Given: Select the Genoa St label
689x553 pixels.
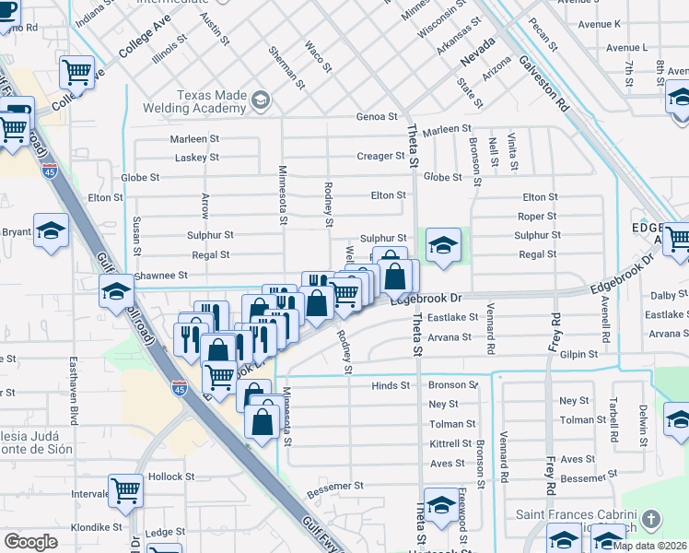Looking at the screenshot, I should pos(377,117).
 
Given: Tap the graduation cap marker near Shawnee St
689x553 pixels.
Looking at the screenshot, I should pos(116,290).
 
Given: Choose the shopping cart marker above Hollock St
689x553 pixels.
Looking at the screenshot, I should pos(125,490).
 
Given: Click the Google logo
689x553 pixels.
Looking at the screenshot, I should pos(29,542).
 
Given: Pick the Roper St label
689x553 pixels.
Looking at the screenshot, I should pos(537,217).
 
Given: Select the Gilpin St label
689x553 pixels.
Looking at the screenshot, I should pos(578,353).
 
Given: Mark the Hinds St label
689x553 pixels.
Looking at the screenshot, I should pos(390,385).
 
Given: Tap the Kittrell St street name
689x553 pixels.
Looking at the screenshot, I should pos(450,443).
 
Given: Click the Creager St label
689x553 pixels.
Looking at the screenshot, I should pos(375,156).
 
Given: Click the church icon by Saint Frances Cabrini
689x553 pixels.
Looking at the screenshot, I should pos(652,518).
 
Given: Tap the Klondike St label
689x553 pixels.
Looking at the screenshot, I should pos(102,527).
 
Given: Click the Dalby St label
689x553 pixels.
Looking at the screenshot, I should pos(662,295).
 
